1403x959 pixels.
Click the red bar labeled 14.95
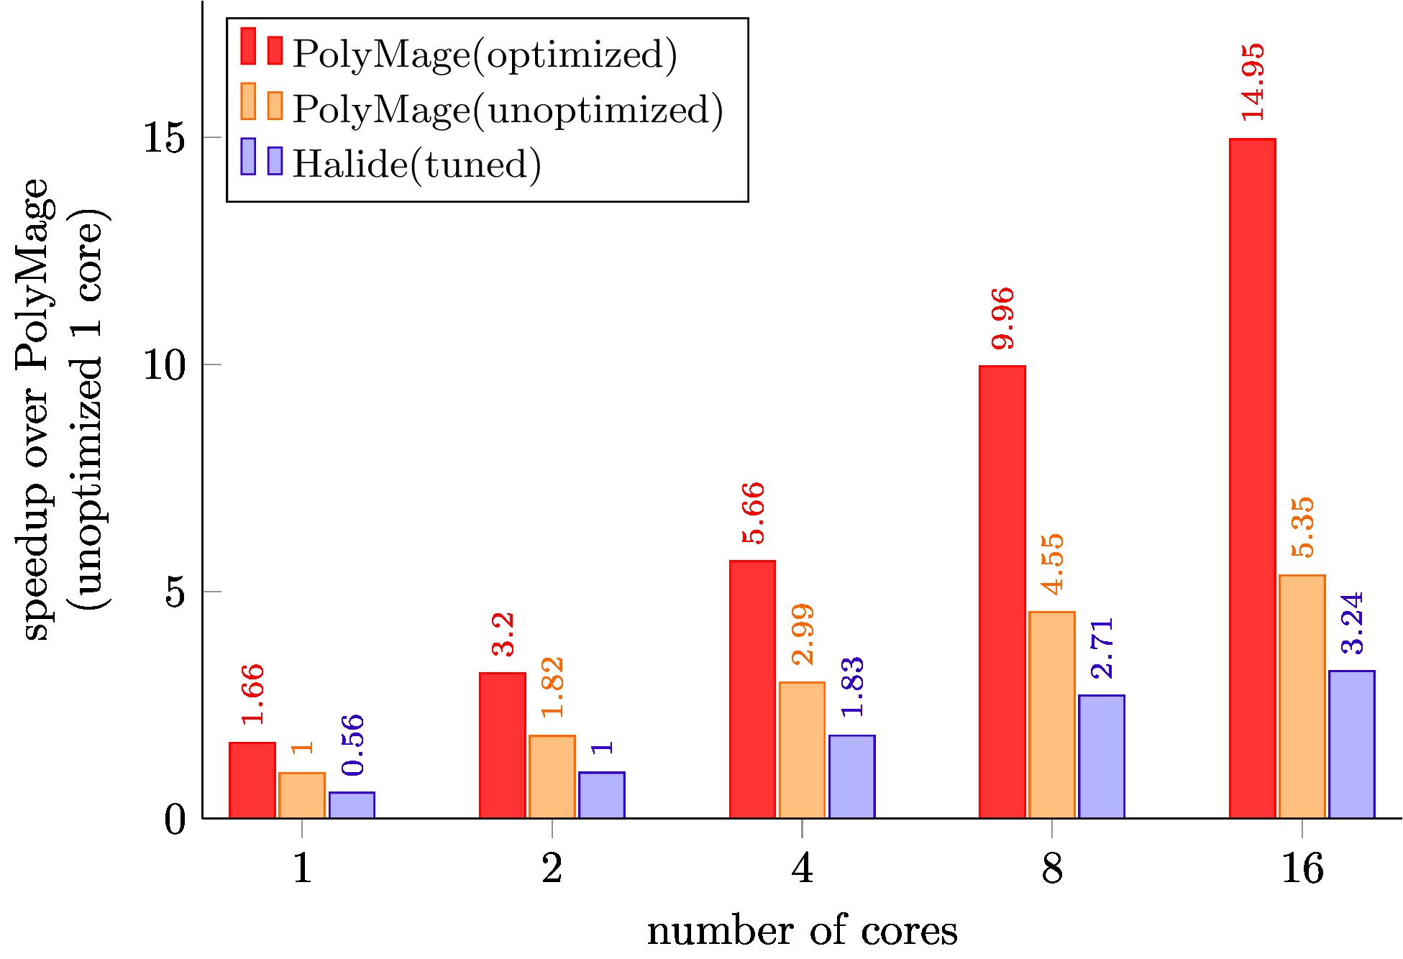tap(1252, 478)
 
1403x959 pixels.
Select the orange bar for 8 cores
tap(1051, 715)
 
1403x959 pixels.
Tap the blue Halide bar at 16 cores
tap(1351, 744)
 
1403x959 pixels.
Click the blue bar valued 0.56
tap(352, 804)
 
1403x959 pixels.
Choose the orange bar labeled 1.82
tap(552, 776)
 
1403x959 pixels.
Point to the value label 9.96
tap(1002, 318)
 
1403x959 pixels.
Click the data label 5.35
tap(1302, 527)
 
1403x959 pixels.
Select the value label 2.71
tap(1102, 648)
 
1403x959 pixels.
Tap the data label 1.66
tap(252, 694)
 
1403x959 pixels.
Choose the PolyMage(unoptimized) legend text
tap(507, 109)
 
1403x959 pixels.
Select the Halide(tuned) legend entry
tap(416, 164)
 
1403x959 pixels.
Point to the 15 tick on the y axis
tap(165, 137)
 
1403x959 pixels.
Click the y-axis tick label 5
tap(175, 592)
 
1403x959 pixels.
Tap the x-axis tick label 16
tap(1302, 868)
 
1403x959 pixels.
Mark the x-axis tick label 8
tap(1051, 868)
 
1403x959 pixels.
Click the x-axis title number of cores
tap(802, 931)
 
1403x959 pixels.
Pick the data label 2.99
tap(803, 634)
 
